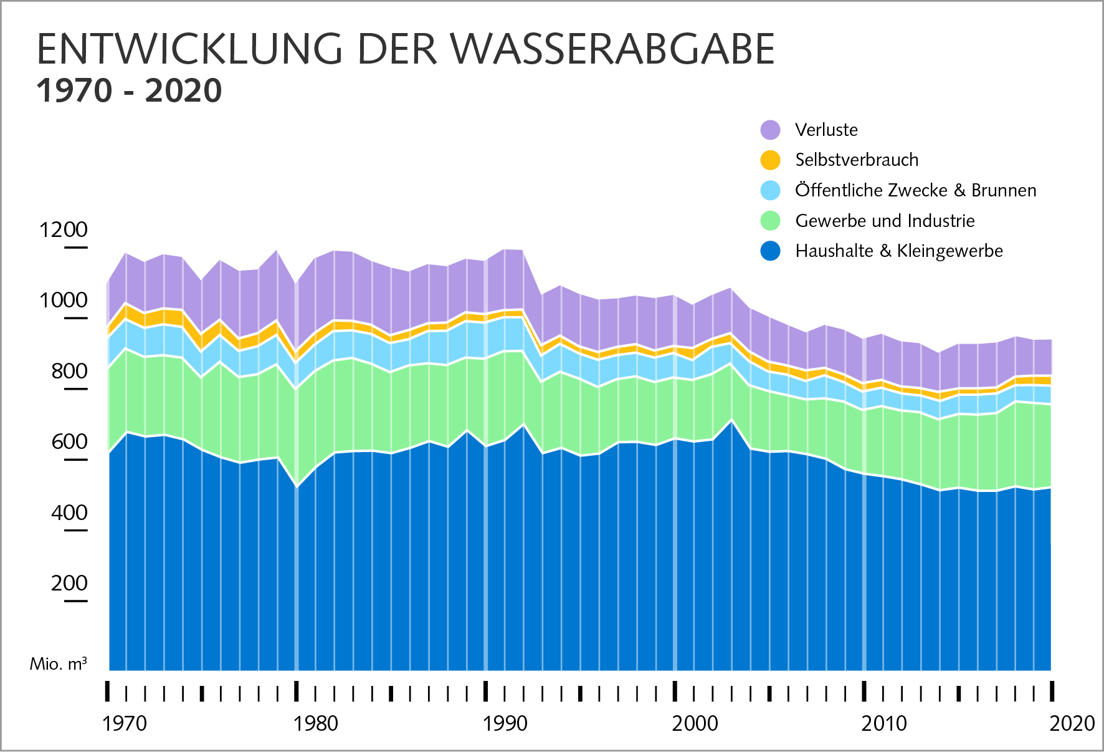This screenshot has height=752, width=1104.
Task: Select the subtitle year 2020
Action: [x=183, y=91]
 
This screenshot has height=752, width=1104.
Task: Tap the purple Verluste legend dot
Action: [x=771, y=130]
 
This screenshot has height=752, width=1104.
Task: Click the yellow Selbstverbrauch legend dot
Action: [x=771, y=160]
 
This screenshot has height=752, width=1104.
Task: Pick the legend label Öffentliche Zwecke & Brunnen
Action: [x=916, y=190]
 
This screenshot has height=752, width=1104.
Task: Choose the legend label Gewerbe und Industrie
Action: [x=885, y=221]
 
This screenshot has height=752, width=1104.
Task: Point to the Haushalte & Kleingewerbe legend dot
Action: [x=771, y=251]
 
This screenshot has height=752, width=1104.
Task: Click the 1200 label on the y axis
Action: [x=64, y=229]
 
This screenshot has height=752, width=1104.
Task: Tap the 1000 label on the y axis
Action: [x=64, y=300]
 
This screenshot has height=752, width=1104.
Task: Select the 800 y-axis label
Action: [x=69, y=371]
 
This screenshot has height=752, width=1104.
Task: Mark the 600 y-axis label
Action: [x=69, y=441]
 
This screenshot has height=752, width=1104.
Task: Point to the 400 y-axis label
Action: [x=69, y=513]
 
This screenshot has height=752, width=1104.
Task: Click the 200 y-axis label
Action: [x=69, y=583]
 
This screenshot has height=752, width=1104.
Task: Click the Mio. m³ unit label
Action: [x=59, y=663]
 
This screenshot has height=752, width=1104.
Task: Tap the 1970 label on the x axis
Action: [x=125, y=723]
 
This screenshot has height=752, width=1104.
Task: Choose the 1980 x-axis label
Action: [x=316, y=723]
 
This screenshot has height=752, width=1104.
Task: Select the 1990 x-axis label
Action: [x=505, y=723]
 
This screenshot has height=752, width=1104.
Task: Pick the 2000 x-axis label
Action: [x=695, y=723]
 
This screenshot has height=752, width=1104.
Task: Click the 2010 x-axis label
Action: [x=885, y=723]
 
